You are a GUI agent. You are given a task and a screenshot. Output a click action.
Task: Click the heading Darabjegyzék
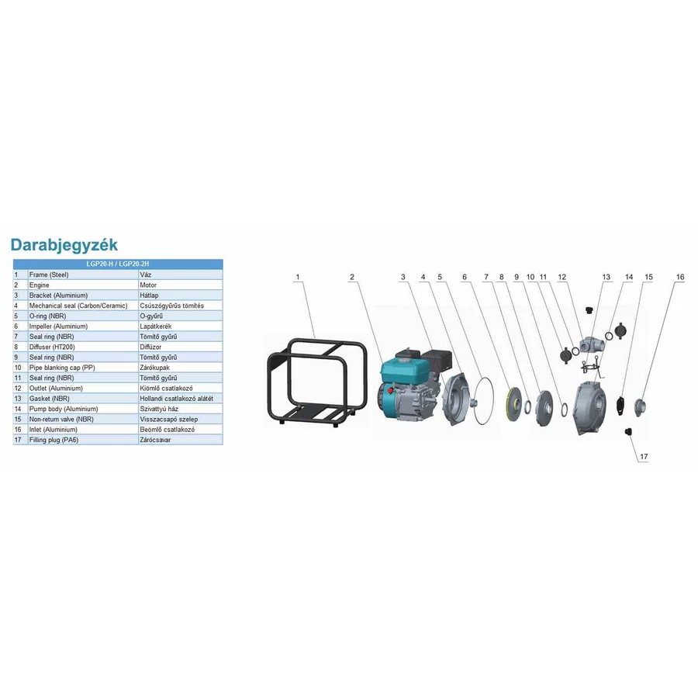(x=64, y=245)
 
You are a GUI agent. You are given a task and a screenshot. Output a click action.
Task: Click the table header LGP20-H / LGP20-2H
(x=118, y=264)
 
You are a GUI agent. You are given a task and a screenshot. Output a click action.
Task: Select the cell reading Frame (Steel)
(x=49, y=275)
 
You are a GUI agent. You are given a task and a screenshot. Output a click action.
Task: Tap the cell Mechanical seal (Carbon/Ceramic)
(x=78, y=306)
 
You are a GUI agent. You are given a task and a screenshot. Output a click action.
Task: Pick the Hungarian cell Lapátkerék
(x=156, y=327)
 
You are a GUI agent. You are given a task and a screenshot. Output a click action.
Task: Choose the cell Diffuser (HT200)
(x=52, y=347)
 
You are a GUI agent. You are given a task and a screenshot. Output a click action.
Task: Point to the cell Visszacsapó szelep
(x=169, y=420)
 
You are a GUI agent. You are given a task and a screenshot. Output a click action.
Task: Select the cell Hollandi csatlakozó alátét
(x=177, y=399)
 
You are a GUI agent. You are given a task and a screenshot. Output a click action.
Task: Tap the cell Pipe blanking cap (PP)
(x=62, y=368)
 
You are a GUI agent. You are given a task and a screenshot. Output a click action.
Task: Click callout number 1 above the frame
(x=298, y=277)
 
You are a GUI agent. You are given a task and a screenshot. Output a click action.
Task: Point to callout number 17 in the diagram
(x=644, y=457)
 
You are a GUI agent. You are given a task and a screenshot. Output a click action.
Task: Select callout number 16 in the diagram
(x=679, y=277)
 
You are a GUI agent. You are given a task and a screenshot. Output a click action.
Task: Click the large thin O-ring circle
(x=483, y=402)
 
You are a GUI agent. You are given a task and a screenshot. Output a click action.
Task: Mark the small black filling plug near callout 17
(x=628, y=431)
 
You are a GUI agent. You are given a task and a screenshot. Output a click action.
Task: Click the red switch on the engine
(x=390, y=392)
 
